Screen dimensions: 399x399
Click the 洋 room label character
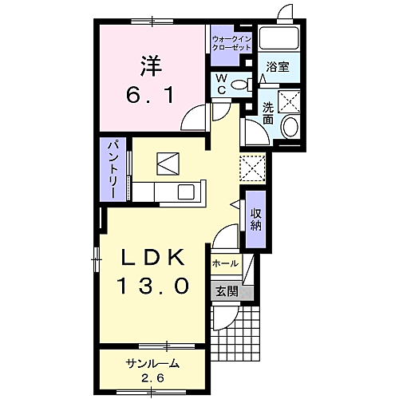coord(151,65)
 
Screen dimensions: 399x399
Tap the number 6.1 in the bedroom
coord(150,95)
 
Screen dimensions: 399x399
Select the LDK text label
coord(153,258)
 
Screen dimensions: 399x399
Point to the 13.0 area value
coord(152,285)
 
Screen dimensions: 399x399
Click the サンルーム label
coord(152,363)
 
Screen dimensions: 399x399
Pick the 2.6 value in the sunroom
coord(152,378)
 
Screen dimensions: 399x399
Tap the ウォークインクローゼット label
coord(231,43)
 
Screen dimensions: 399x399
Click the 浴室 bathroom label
coord(278,67)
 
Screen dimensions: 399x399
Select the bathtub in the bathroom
coord(279,38)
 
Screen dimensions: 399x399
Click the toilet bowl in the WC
coord(239,85)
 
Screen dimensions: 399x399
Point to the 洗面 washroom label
coord(268,113)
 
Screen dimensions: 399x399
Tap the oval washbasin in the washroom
coord(290,127)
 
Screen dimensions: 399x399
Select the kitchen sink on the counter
coord(187,192)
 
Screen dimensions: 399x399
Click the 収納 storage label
coord(255,219)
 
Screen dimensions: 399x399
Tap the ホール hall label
coord(225,263)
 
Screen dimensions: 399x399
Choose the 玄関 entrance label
coord(227,292)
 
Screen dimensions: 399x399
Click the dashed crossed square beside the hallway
coord(253,168)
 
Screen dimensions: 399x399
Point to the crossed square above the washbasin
coord(289,101)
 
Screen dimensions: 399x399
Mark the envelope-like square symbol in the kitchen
coord(168,164)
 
